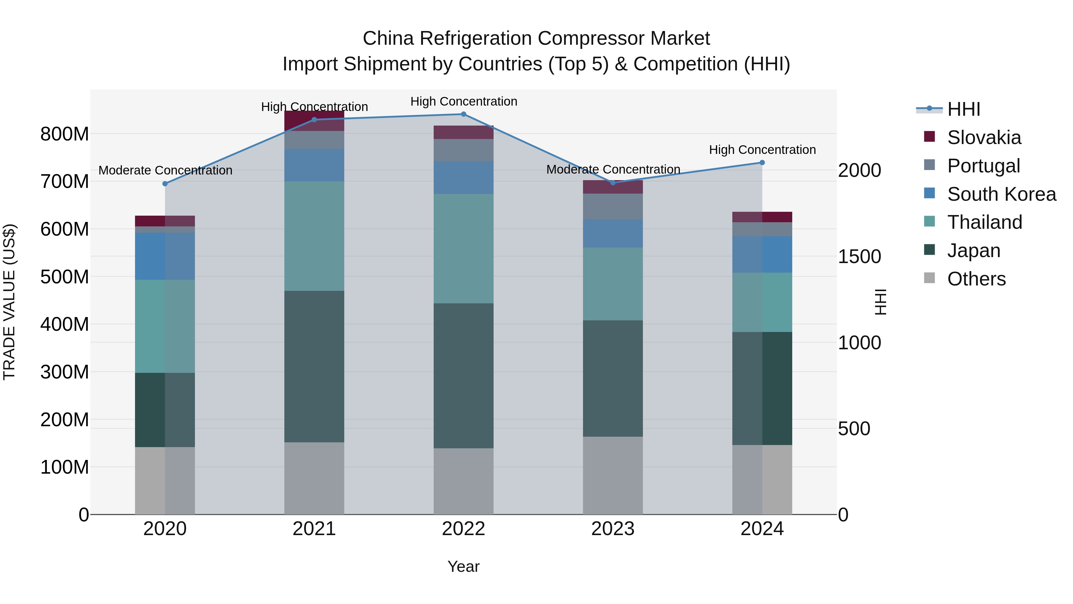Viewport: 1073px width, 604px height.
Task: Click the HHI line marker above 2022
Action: [x=463, y=114]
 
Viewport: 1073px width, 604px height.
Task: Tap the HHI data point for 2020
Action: [x=165, y=184]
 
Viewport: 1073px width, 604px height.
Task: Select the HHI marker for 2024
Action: [x=762, y=163]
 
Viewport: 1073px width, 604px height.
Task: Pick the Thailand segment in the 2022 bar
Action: [x=463, y=248]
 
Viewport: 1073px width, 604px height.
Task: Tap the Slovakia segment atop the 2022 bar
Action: [x=463, y=132]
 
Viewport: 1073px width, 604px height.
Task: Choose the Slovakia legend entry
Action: [x=984, y=138]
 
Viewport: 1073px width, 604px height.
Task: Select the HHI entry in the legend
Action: [x=963, y=109]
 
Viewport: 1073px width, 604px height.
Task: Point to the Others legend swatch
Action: [x=929, y=278]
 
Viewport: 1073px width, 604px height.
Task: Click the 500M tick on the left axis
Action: [x=65, y=277]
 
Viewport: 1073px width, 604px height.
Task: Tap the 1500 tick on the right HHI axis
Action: [x=859, y=257]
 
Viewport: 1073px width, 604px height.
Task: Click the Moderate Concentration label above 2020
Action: [x=165, y=171]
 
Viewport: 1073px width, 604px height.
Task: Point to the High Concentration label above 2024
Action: [x=762, y=150]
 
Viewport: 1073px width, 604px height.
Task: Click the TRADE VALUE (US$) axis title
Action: [x=9, y=302]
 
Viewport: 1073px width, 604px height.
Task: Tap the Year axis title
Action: [x=463, y=566]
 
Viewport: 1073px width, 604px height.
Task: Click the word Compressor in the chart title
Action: [x=589, y=38]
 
